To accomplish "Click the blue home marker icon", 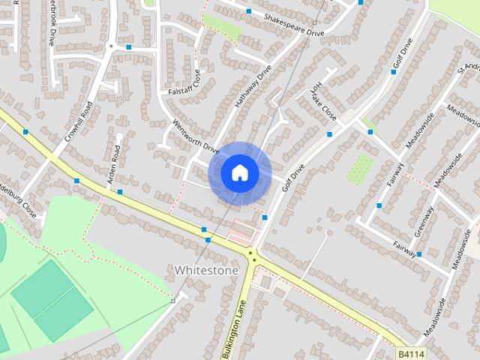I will (239, 173).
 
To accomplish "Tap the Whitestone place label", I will (205, 269).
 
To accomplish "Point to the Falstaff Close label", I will (183, 85).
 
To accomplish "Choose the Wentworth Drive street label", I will (195, 136).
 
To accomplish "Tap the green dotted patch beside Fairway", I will (361, 168).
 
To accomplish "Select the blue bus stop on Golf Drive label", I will (394, 72).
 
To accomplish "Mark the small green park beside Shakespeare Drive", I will (223, 28).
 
